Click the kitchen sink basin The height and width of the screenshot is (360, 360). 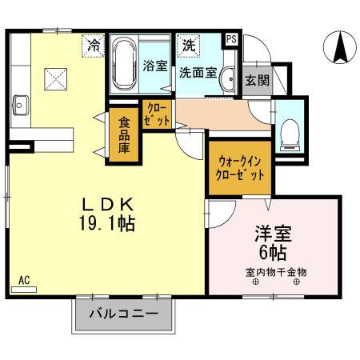pos(19,106)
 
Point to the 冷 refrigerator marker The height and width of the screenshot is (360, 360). pos(94,46)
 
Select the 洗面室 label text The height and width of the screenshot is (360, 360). pos(197,72)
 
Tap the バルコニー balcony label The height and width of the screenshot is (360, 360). pos(124,313)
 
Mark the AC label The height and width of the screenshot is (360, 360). pos(24,280)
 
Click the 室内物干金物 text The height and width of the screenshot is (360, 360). pos(276,271)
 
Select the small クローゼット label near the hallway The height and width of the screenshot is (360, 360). pos(158,114)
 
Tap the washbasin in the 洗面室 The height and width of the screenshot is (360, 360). pos(227,78)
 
